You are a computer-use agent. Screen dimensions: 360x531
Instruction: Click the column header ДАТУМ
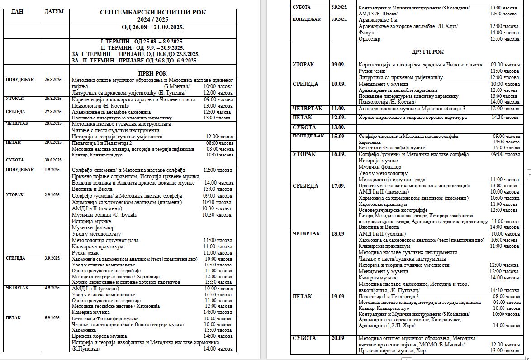[54, 11]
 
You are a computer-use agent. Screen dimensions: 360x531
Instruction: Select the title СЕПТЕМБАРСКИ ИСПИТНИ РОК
[153, 13]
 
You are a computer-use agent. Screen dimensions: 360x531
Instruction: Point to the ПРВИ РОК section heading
[152, 73]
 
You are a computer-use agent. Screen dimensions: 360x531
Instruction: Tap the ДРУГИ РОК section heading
[427, 52]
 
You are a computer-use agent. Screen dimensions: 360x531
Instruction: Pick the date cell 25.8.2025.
[53, 80]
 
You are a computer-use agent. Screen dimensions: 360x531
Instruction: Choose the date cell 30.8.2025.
[53, 160]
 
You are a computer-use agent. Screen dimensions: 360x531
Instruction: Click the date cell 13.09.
[338, 128]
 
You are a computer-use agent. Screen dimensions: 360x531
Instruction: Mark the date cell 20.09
[338, 338]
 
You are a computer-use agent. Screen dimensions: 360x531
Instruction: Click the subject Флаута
[367, 33]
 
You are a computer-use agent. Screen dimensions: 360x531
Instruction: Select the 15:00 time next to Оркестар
[504, 39]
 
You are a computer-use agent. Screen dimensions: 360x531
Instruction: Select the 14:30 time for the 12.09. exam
[505, 118]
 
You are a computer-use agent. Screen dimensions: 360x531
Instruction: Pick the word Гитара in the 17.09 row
[366, 216]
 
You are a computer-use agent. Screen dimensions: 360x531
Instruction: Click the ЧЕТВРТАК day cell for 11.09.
[308, 109]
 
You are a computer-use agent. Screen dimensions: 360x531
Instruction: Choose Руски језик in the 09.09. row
[371, 71]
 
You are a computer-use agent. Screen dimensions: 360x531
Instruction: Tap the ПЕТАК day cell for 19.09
[303, 297]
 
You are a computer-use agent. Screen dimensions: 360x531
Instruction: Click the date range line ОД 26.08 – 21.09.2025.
[152, 28]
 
